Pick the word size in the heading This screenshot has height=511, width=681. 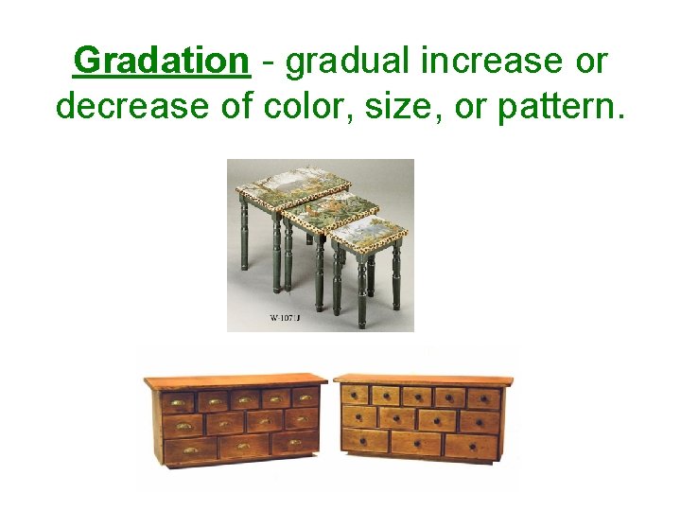[384, 107]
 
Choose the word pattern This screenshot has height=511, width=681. [558, 107]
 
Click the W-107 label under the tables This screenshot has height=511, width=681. [285, 318]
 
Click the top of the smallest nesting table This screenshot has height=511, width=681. [368, 230]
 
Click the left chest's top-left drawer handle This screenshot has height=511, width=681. [177, 402]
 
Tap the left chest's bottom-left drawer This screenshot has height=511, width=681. [190, 451]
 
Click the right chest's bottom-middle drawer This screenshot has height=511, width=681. [416, 444]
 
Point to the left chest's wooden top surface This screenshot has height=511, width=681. [235, 379]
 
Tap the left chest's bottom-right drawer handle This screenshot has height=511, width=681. [293, 443]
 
